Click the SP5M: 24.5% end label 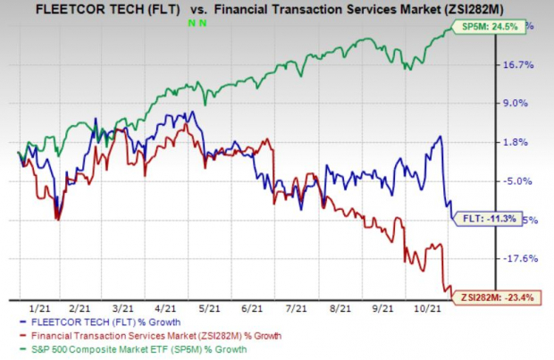click(x=491, y=27)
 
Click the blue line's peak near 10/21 click(x=440, y=137)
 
